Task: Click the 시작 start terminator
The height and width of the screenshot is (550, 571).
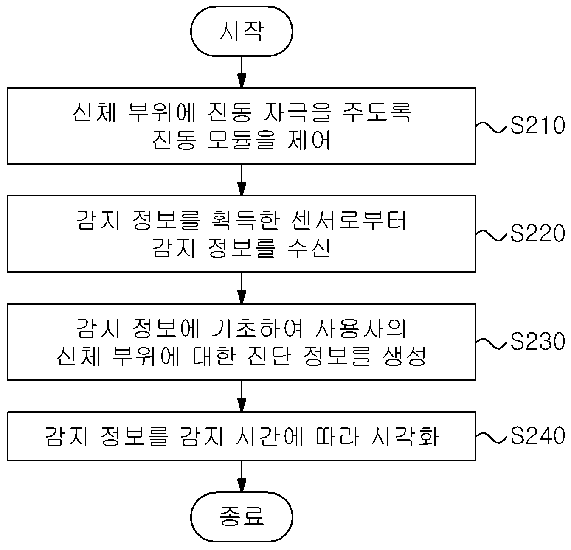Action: coord(242,31)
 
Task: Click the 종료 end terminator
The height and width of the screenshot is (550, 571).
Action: coord(242,516)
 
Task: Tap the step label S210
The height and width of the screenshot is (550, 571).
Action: coord(537,125)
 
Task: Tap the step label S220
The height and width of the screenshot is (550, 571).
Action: coord(537,233)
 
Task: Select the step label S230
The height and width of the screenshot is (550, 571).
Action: coord(537,341)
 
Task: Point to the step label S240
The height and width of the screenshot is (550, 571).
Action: coord(537,435)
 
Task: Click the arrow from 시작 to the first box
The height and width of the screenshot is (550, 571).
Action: coord(242,72)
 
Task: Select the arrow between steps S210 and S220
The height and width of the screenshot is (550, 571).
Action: coord(242,180)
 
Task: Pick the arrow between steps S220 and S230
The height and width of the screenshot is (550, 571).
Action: coord(242,288)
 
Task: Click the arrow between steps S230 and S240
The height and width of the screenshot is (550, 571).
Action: coord(242,396)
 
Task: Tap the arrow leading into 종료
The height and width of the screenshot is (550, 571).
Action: coord(242,476)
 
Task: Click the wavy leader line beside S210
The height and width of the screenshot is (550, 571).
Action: coord(492,127)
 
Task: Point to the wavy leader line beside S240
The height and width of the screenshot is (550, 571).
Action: coord(492,438)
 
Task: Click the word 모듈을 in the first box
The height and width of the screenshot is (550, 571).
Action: coord(242,140)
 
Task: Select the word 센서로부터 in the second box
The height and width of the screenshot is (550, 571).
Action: coord(349,220)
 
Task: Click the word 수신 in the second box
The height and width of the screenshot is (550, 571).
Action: coord(309,248)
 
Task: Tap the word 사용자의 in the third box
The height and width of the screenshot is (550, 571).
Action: coord(361,328)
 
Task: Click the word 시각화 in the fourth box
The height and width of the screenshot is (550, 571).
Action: coord(405,436)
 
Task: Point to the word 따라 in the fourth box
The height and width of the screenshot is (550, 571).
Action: coord(338,436)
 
